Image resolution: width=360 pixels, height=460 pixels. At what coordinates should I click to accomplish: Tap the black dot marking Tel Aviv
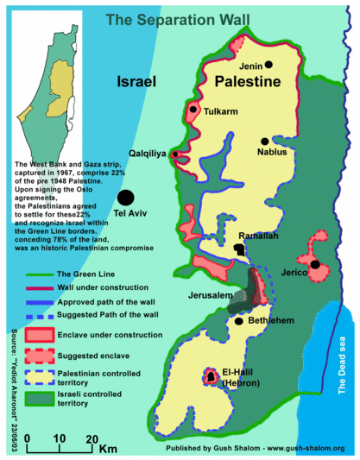(126, 198)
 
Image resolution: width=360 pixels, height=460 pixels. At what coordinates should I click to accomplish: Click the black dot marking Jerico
(315, 265)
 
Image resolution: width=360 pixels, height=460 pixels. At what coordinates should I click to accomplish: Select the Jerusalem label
(211, 296)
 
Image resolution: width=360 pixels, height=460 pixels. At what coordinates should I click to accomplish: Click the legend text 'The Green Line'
(86, 274)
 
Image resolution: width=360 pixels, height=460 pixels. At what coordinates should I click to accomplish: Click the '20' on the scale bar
(91, 438)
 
